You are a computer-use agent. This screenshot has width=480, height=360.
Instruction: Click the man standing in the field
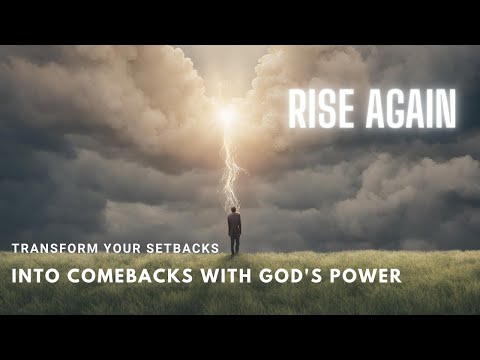[234, 231]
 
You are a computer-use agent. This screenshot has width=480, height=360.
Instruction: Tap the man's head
[234, 211]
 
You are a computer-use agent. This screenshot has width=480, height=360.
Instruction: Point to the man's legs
[234, 245]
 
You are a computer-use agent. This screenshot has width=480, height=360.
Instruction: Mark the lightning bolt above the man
[231, 170]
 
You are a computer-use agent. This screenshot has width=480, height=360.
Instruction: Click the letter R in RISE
[296, 109]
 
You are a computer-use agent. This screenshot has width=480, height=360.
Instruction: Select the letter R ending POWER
[395, 275]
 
